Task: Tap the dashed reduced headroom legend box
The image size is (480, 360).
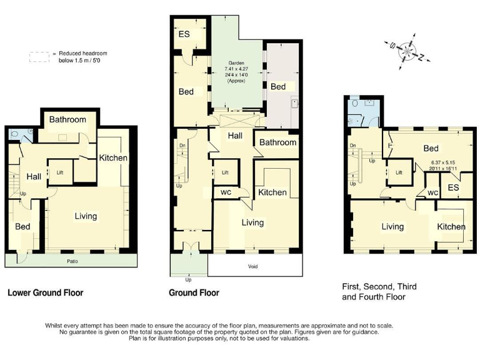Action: point(39,56)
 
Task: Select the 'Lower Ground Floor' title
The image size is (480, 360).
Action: point(45,292)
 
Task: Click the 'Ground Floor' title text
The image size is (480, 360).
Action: point(194,292)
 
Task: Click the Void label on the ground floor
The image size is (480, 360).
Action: point(252,267)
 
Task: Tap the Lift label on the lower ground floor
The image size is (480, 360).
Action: point(60,172)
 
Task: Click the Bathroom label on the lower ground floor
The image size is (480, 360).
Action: point(68,119)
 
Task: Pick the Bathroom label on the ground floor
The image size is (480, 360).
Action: point(277,142)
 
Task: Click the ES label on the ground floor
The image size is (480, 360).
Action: point(184,34)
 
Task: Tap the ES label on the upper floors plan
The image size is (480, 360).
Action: point(453,187)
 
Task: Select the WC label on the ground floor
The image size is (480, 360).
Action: point(225,192)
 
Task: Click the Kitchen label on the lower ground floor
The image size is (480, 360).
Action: point(113,157)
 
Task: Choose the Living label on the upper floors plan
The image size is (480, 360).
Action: point(392,226)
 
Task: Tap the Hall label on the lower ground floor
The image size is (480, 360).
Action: point(34,177)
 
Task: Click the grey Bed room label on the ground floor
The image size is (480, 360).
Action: point(277,86)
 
